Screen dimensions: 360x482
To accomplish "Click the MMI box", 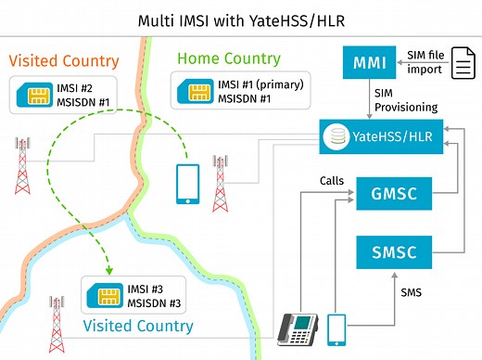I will pyautogui.click(x=369, y=64).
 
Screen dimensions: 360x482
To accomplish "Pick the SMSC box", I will pyautogui.click(x=392, y=251).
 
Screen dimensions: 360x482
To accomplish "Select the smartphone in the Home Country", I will pyautogui.click(x=187, y=185).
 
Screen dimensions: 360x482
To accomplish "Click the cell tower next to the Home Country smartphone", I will pyautogui.click(x=221, y=183).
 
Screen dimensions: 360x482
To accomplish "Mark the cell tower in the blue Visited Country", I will pyautogui.click(x=58, y=321).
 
